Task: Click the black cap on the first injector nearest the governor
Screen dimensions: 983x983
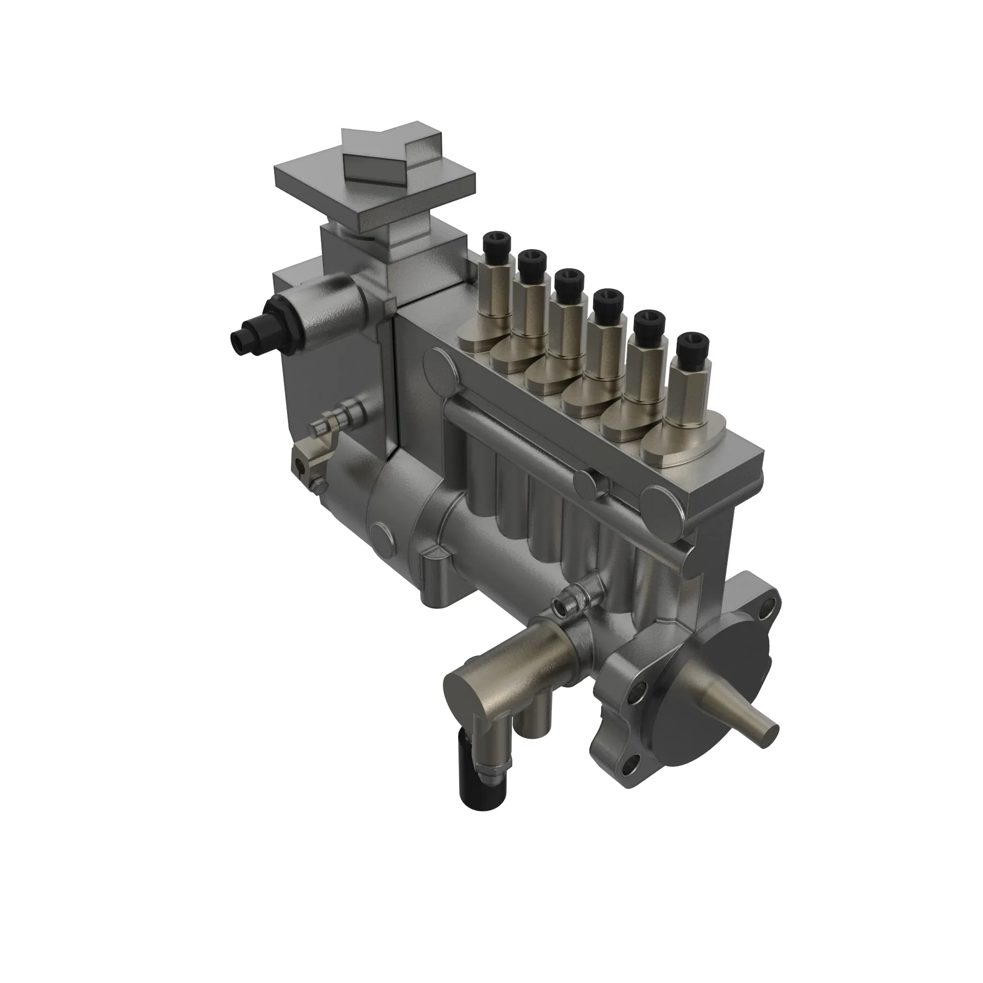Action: [x=495, y=242]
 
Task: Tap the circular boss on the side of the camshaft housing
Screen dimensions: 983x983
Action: [x=381, y=535]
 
